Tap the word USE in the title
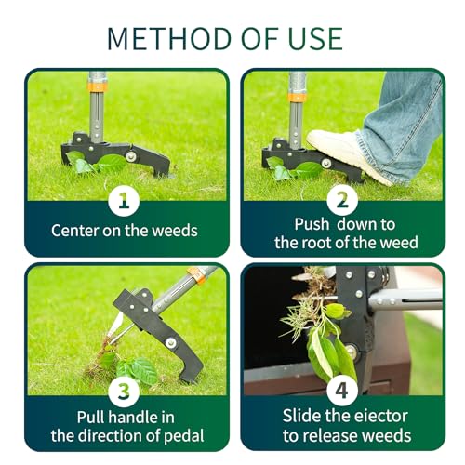tap(315, 39)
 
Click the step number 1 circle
tap(124, 200)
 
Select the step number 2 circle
tap(342, 200)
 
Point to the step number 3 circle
tap(124, 392)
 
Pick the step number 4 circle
tap(342, 392)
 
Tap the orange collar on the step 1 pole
tap(98, 87)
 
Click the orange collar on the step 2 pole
tap(297, 97)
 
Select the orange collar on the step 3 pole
tap(197, 275)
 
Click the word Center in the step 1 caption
tap(74, 231)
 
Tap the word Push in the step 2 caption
tap(312, 224)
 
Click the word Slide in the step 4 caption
tap(301, 416)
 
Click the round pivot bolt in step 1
tap(131, 156)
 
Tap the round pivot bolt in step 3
tap(170, 342)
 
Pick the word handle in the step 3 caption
tap(134, 418)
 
